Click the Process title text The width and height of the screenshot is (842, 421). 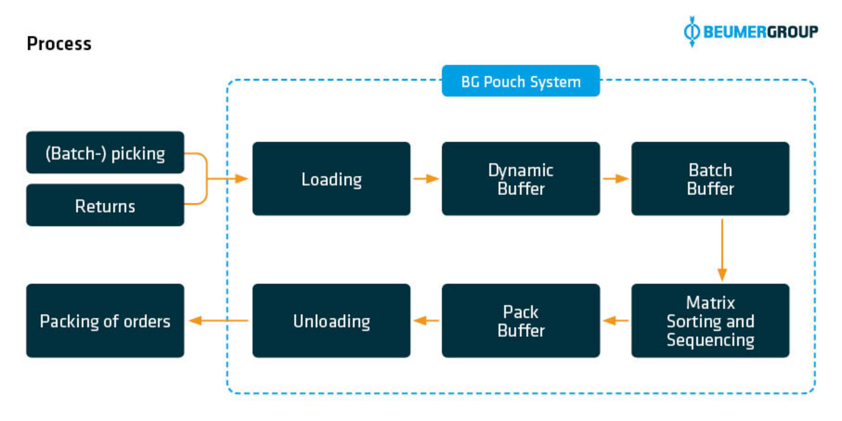(x=59, y=44)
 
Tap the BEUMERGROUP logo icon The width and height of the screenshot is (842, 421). (x=691, y=32)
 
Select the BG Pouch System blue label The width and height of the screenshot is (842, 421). (x=520, y=81)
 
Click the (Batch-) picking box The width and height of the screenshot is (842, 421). (x=105, y=153)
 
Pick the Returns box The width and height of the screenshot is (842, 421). (x=105, y=205)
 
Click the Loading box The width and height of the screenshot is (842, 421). (x=331, y=179)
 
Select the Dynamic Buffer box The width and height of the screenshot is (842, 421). (x=520, y=179)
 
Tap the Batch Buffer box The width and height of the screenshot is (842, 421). (x=710, y=179)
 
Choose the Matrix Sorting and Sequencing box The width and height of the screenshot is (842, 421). (x=710, y=321)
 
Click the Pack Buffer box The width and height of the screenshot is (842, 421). (x=520, y=321)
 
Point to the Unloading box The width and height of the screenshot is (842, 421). (x=331, y=321)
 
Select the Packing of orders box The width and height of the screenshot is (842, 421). (x=105, y=321)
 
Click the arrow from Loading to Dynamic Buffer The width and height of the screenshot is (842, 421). (x=426, y=179)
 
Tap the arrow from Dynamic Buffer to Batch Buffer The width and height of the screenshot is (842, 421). (x=615, y=179)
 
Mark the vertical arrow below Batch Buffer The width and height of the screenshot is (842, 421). (x=722, y=249)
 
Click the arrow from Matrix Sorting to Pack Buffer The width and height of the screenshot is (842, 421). (x=615, y=320)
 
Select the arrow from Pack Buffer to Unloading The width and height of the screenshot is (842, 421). (x=426, y=320)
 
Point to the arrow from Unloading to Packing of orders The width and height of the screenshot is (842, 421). (x=218, y=320)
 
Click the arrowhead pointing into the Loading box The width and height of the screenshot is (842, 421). (x=241, y=179)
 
